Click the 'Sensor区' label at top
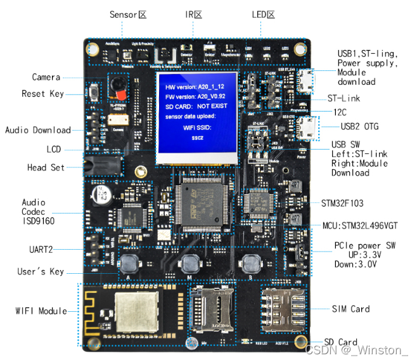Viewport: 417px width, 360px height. [x=128, y=14]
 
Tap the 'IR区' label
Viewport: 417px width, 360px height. [x=193, y=14]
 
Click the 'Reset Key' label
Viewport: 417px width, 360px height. [x=42, y=94]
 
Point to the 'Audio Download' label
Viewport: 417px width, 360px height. [x=38, y=130]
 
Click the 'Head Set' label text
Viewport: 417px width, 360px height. [x=46, y=167]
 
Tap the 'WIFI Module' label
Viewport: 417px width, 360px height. [x=41, y=311]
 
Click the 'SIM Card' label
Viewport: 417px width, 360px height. [x=350, y=309]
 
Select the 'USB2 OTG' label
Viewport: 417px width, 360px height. [x=359, y=127]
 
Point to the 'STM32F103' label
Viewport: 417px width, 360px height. [x=346, y=203]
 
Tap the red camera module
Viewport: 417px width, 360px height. [x=117, y=86]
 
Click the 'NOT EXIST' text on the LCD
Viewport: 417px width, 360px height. [x=212, y=106]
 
